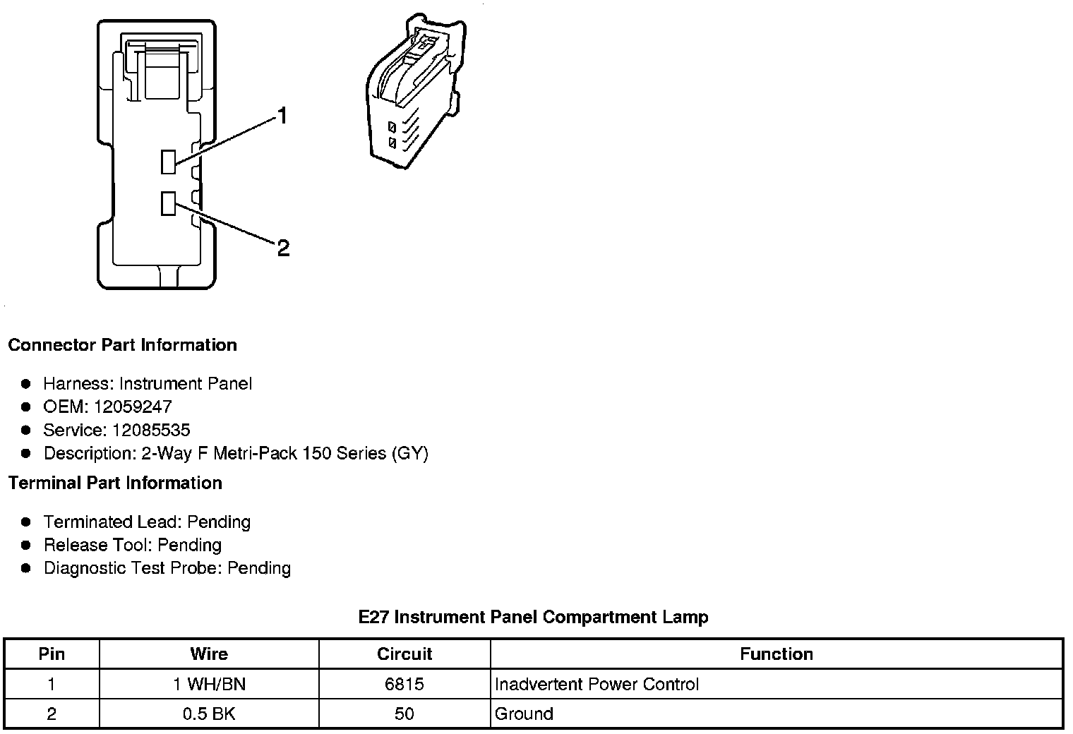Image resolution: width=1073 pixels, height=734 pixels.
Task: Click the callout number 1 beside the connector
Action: (x=282, y=116)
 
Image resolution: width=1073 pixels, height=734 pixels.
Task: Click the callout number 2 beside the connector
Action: (x=283, y=248)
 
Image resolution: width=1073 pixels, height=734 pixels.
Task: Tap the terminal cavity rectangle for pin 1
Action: (x=168, y=162)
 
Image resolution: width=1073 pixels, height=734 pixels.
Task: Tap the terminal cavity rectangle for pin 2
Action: (x=168, y=203)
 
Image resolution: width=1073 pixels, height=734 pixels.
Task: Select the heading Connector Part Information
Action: (x=122, y=345)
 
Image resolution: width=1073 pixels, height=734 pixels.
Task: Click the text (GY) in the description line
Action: (x=409, y=453)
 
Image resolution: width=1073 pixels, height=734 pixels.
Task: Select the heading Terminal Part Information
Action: (x=115, y=483)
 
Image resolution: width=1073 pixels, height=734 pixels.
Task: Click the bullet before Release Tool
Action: (x=26, y=545)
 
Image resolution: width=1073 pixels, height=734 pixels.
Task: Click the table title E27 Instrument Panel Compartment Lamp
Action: (x=533, y=617)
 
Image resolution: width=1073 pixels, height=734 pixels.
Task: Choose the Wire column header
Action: (x=209, y=654)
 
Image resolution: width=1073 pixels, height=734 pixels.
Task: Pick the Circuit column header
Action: (x=404, y=654)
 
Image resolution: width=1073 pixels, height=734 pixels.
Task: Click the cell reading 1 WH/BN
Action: (x=209, y=684)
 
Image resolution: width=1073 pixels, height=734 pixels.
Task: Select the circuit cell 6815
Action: (x=404, y=684)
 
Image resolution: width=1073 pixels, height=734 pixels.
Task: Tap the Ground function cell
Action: (x=524, y=714)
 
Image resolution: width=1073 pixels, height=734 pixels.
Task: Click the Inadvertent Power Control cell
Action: (x=597, y=684)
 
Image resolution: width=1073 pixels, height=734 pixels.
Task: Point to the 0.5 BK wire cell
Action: (x=209, y=714)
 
